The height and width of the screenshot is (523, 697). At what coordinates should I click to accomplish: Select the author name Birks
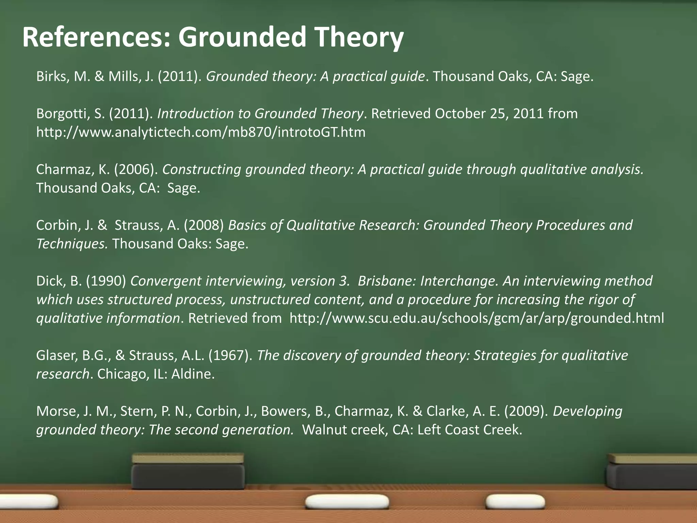pos(51,76)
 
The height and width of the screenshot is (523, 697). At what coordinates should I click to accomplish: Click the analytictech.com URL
pos(201,132)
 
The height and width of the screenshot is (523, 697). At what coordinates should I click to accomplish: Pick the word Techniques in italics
pos(72,244)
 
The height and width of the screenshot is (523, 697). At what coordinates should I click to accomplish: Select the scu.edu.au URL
pos(476,318)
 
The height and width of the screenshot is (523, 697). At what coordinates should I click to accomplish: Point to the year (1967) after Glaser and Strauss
pos(230,355)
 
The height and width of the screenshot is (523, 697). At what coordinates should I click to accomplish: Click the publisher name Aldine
pos(192,374)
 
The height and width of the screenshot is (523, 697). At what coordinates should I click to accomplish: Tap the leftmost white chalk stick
pos(29,501)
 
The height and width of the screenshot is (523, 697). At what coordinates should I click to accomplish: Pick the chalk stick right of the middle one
pos(515,502)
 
